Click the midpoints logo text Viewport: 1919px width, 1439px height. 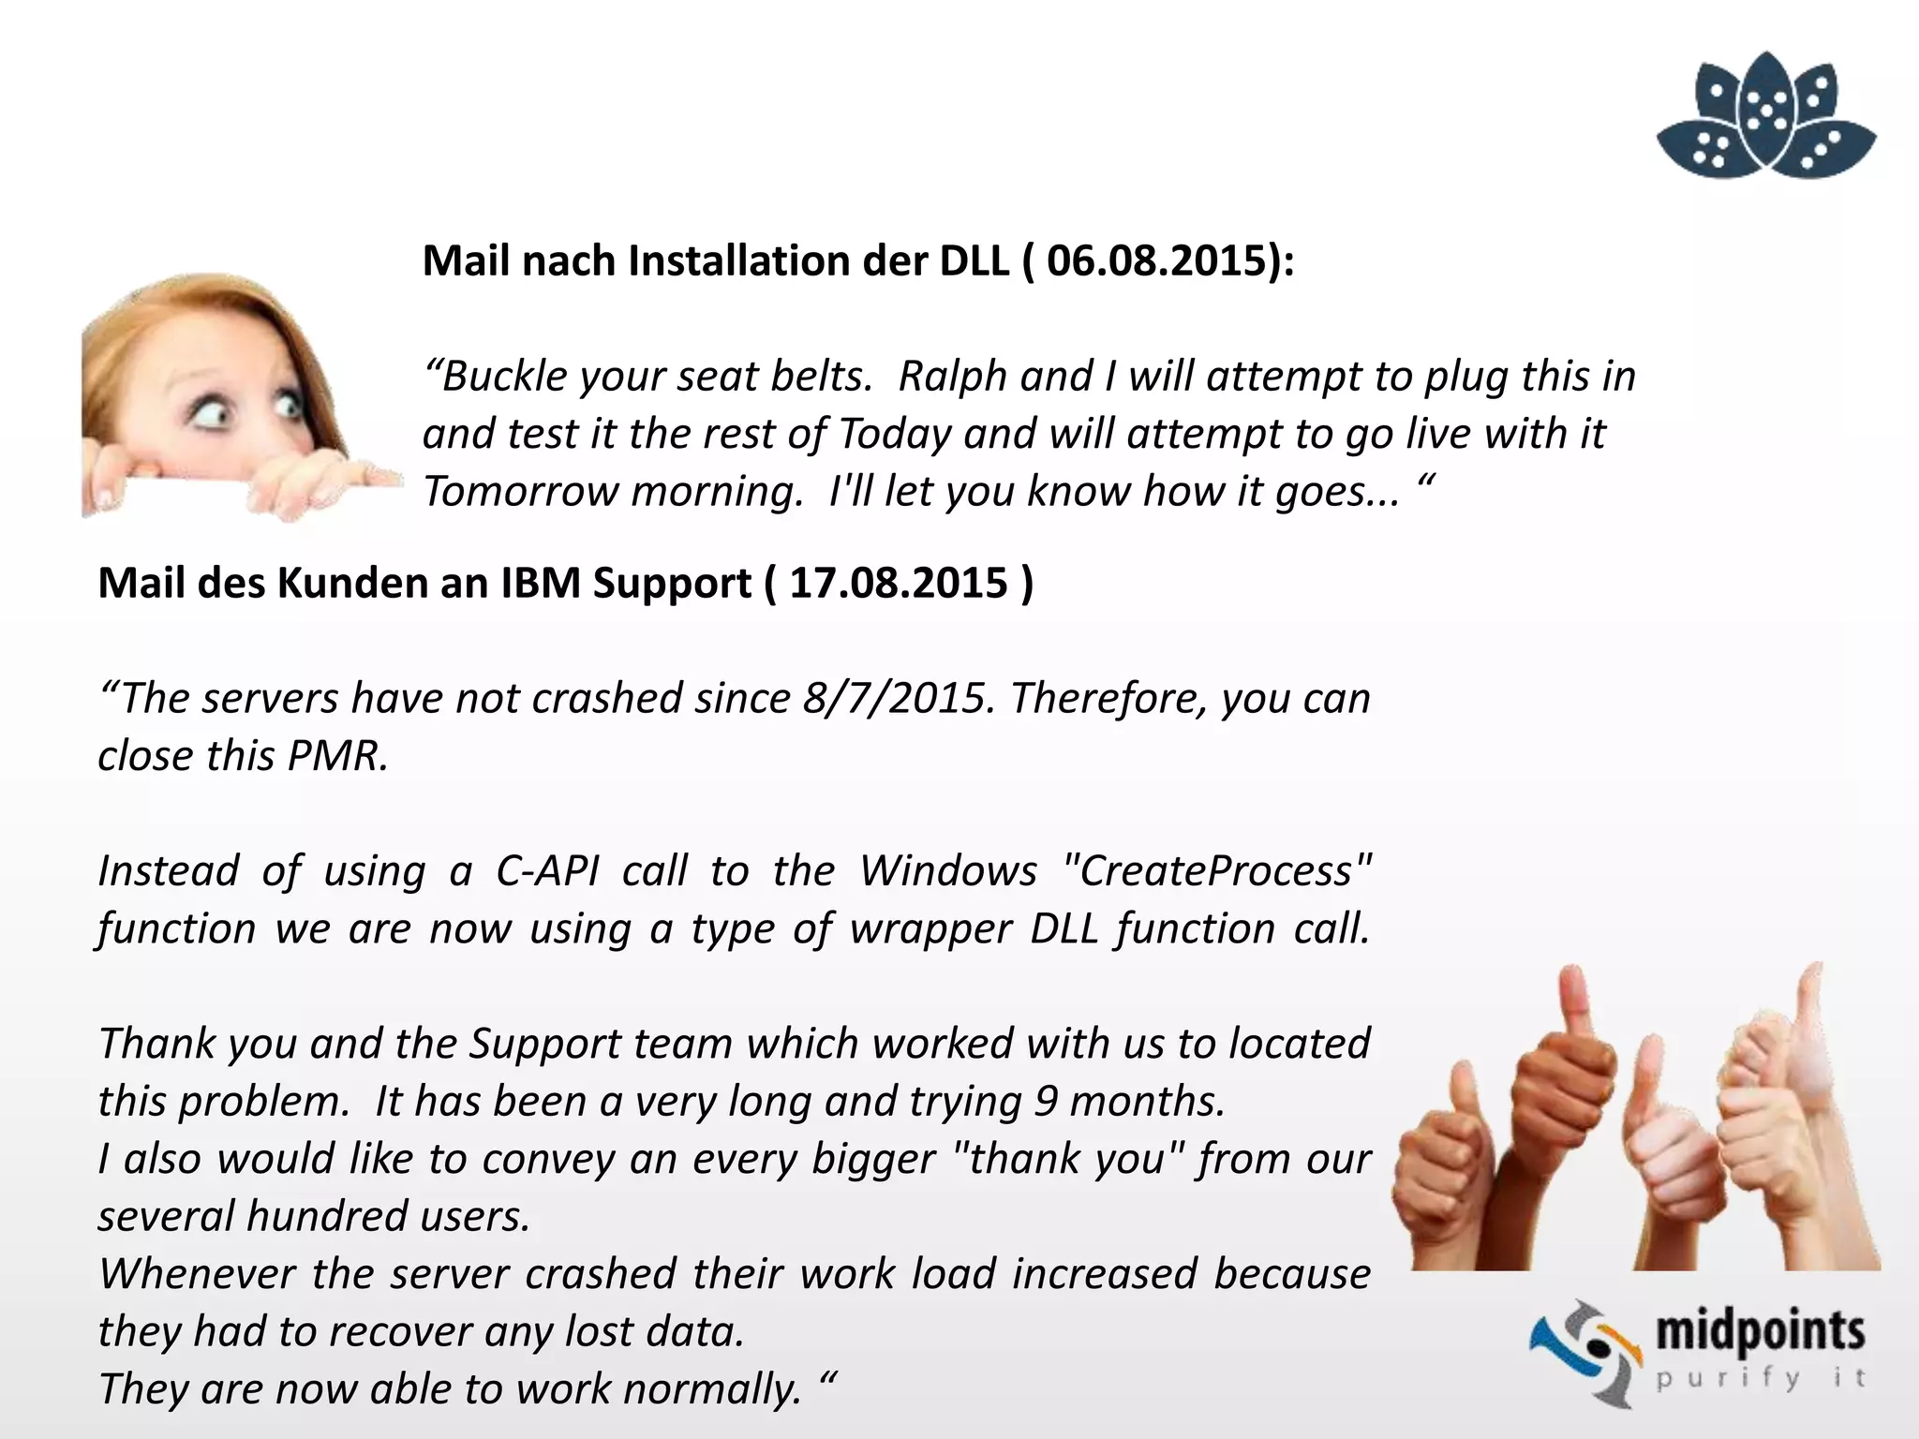pyautogui.click(x=1760, y=1331)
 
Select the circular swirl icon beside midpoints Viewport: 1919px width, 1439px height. pyautogui.click(x=1585, y=1352)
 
